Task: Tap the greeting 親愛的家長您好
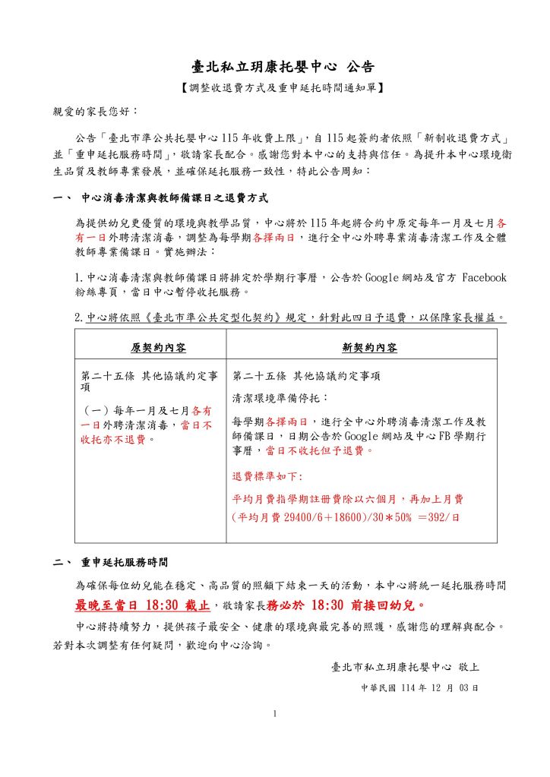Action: [x=94, y=111]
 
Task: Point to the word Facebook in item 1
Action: [x=484, y=278]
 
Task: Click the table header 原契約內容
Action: [x=158, y=348]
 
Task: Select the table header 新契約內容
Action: [x=369, y=348]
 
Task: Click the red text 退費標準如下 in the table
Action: [x=267, y=476]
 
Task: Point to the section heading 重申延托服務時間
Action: [x=125, y=563]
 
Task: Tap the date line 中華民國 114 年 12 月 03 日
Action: [x=419, y=687]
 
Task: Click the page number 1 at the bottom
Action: [x=275, y=713]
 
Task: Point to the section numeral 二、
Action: [x=62, y=563]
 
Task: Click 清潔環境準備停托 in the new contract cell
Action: [x=280, y=397]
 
